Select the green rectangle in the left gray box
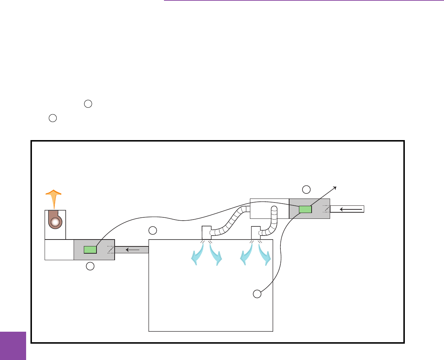[90, 250]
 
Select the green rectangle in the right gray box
[305, 209]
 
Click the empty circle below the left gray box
[90, 266]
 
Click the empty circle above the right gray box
[307, 189]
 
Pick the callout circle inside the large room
[257, 294]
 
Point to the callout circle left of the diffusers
[153, 230]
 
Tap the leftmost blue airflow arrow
[197, 254]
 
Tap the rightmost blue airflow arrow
[265, 254]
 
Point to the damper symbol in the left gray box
[110, 250]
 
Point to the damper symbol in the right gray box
[325, 209]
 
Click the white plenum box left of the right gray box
[270, 209]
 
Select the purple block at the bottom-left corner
[13, 345]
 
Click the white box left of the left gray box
[59, 250]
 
